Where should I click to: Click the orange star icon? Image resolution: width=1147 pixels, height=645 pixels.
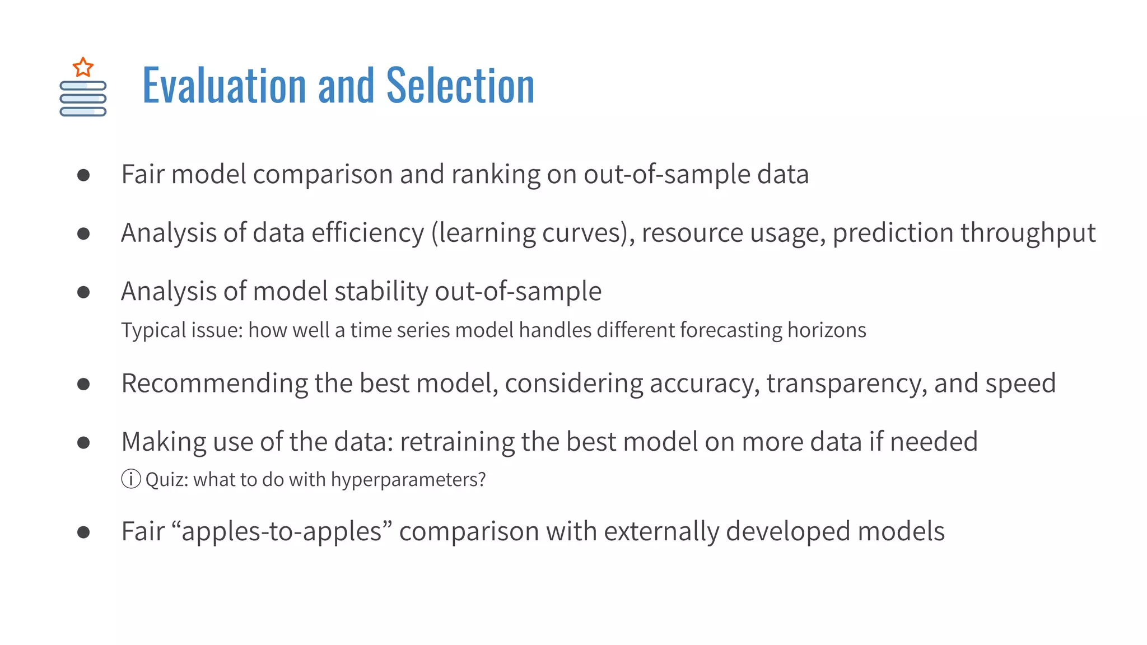tap(83, 67)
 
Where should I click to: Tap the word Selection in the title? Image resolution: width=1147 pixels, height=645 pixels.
tap(460, 86)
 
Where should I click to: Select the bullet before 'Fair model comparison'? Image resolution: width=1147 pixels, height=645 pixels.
tap(83, 175)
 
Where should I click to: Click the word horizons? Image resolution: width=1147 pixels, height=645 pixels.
tap(827, 330)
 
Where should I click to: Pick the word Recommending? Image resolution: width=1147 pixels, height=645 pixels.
tap(214, 384)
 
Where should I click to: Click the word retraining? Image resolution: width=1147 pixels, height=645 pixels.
tap(457, 442)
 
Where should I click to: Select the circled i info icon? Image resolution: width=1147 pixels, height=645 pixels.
tap(131, 479)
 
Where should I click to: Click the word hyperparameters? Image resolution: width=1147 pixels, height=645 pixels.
tap(408, 480)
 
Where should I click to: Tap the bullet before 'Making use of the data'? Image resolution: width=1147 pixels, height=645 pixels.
tap(83, 443)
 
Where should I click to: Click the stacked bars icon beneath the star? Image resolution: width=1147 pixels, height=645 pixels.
tap(83, 99)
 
